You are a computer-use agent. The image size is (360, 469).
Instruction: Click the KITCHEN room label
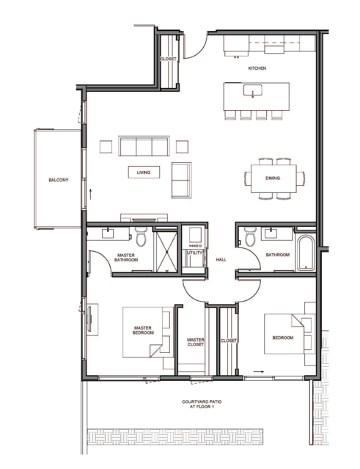257,68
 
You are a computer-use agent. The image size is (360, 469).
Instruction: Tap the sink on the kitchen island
252,90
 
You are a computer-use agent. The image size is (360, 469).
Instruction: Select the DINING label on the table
273,178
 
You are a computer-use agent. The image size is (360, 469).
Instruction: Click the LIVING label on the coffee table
144,172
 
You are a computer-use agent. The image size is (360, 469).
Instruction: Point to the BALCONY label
59,180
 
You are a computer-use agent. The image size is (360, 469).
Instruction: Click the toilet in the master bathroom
141,236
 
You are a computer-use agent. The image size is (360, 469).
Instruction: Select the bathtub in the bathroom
305,252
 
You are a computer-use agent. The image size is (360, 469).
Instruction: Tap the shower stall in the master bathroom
166,252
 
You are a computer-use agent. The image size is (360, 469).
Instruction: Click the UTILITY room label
194,252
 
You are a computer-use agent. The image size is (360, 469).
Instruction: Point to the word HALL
221,260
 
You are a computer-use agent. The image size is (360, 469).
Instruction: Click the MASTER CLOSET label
196,342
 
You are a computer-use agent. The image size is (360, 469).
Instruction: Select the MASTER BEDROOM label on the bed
143,330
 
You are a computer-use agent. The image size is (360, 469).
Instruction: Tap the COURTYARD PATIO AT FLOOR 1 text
202,404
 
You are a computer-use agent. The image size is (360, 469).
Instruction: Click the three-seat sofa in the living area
144,146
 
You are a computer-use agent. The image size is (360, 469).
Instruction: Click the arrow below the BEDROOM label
258,372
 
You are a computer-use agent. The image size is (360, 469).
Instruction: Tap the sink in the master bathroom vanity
108,233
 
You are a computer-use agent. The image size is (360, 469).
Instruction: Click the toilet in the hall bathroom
250,236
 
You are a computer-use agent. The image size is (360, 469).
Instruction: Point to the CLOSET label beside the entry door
168,59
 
